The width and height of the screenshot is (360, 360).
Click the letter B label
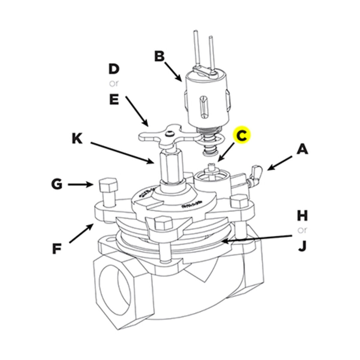point(160,56)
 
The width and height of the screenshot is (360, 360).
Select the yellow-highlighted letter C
point(242,136)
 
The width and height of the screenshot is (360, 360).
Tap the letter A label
point(302,149)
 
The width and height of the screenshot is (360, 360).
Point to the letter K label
point(77,139)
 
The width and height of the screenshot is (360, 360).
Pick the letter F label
point(57,249)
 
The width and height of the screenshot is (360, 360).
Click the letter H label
point(302,215)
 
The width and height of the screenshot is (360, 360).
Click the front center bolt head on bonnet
point(162,223)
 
